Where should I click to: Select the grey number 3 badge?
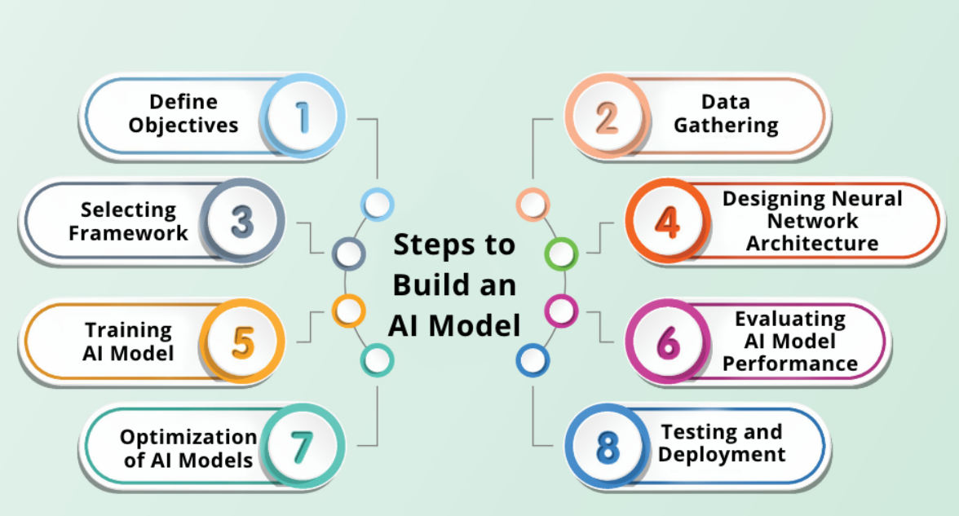click(x=243, y=222)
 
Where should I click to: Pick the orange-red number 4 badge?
click(x=667, y=222)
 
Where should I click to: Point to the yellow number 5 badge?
click(x=243, y=342)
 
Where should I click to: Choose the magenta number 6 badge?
click(x=667, y=342)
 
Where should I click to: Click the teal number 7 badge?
click(x=303, y=447)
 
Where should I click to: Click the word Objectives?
click(x=183, y=126)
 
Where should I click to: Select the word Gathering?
click(x=725, y=126)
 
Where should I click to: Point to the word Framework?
click(x=128, y=232)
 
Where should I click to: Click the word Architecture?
click(x=812, y=243)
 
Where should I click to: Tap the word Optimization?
click(x=188, y=437)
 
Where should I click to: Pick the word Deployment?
click(x=722, y=454)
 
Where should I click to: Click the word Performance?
click(x=789, y=363)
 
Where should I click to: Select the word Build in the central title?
click(x=430, y=284)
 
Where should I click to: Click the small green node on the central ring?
click(x=560, y=254)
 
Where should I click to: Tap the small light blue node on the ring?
click(x=377, y=202)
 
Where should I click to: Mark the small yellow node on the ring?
click(x=348, y=310)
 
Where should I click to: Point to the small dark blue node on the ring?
click(x=532, y=359)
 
